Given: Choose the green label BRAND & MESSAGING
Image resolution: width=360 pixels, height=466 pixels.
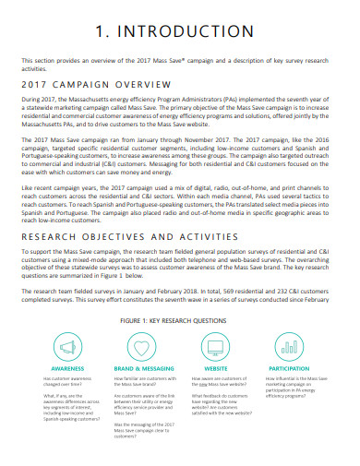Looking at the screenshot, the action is pos(142,367).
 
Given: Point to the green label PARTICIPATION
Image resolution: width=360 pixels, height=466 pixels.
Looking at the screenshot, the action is pos(290,367).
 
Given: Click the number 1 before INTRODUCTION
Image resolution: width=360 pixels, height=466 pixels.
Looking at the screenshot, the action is pos(102,30).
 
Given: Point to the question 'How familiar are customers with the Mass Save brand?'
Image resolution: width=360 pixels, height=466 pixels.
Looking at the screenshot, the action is pos(144,382).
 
